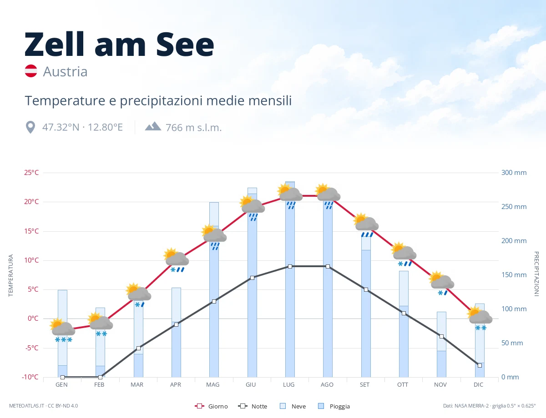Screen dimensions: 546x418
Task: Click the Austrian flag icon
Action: [x=31, y=71]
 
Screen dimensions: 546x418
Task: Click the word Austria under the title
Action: [x=65, y=72]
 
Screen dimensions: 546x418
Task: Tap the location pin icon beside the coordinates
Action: [x=30, y=127]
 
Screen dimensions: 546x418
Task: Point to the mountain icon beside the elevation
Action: [x=153, y=126]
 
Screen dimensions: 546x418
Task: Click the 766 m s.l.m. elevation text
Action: [x=193, y=128]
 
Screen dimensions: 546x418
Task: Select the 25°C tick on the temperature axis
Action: [x=31, y=173]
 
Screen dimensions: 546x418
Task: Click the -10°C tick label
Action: [x=30, y=377]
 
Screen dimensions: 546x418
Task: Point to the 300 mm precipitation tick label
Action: [x=514, y=173]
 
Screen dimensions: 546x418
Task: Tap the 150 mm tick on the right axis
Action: [x=514, y=275]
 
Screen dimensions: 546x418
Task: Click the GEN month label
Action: [x=61, y=385]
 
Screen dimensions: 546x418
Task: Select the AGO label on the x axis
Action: [x=327, y=385]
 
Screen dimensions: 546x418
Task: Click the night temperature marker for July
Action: [x=290, y=266]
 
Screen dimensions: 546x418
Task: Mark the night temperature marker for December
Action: [x=480, y=366]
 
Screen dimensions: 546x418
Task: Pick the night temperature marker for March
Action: [x=138, y=348]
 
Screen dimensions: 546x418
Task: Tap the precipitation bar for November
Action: [x=441, y=344]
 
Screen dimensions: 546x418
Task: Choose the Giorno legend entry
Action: [x=211, y=406]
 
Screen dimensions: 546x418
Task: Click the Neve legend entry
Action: [x=293, y=406]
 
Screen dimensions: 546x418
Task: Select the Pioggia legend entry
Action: [x=334, y=406]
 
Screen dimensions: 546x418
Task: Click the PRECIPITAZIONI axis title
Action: [x=536, y=274]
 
